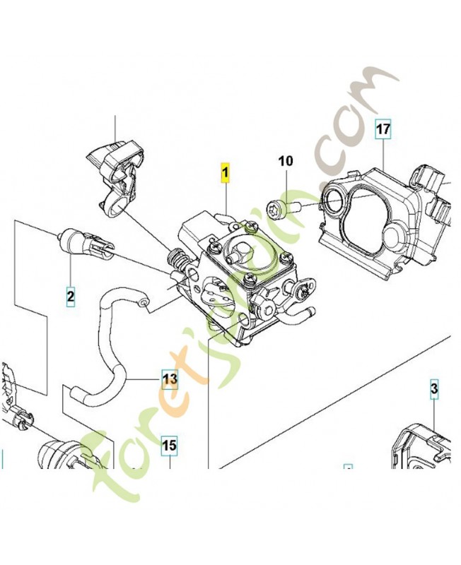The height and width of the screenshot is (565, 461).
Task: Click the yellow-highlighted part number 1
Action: tap(226, 172)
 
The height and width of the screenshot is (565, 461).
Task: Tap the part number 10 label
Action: tap(285, 162)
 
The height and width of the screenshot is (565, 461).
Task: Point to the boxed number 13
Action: tap(170, 379)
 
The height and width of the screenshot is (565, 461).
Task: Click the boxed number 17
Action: tap(383, 129)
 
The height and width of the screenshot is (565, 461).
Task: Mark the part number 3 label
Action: tap(434, 388)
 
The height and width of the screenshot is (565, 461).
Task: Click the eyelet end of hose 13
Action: tap(144, 303)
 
